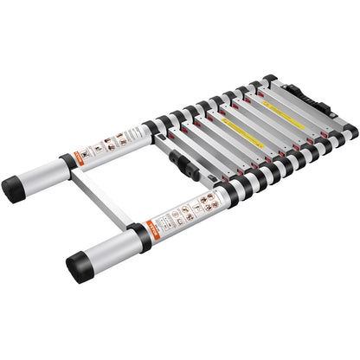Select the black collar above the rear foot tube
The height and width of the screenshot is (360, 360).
click(67, 164)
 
